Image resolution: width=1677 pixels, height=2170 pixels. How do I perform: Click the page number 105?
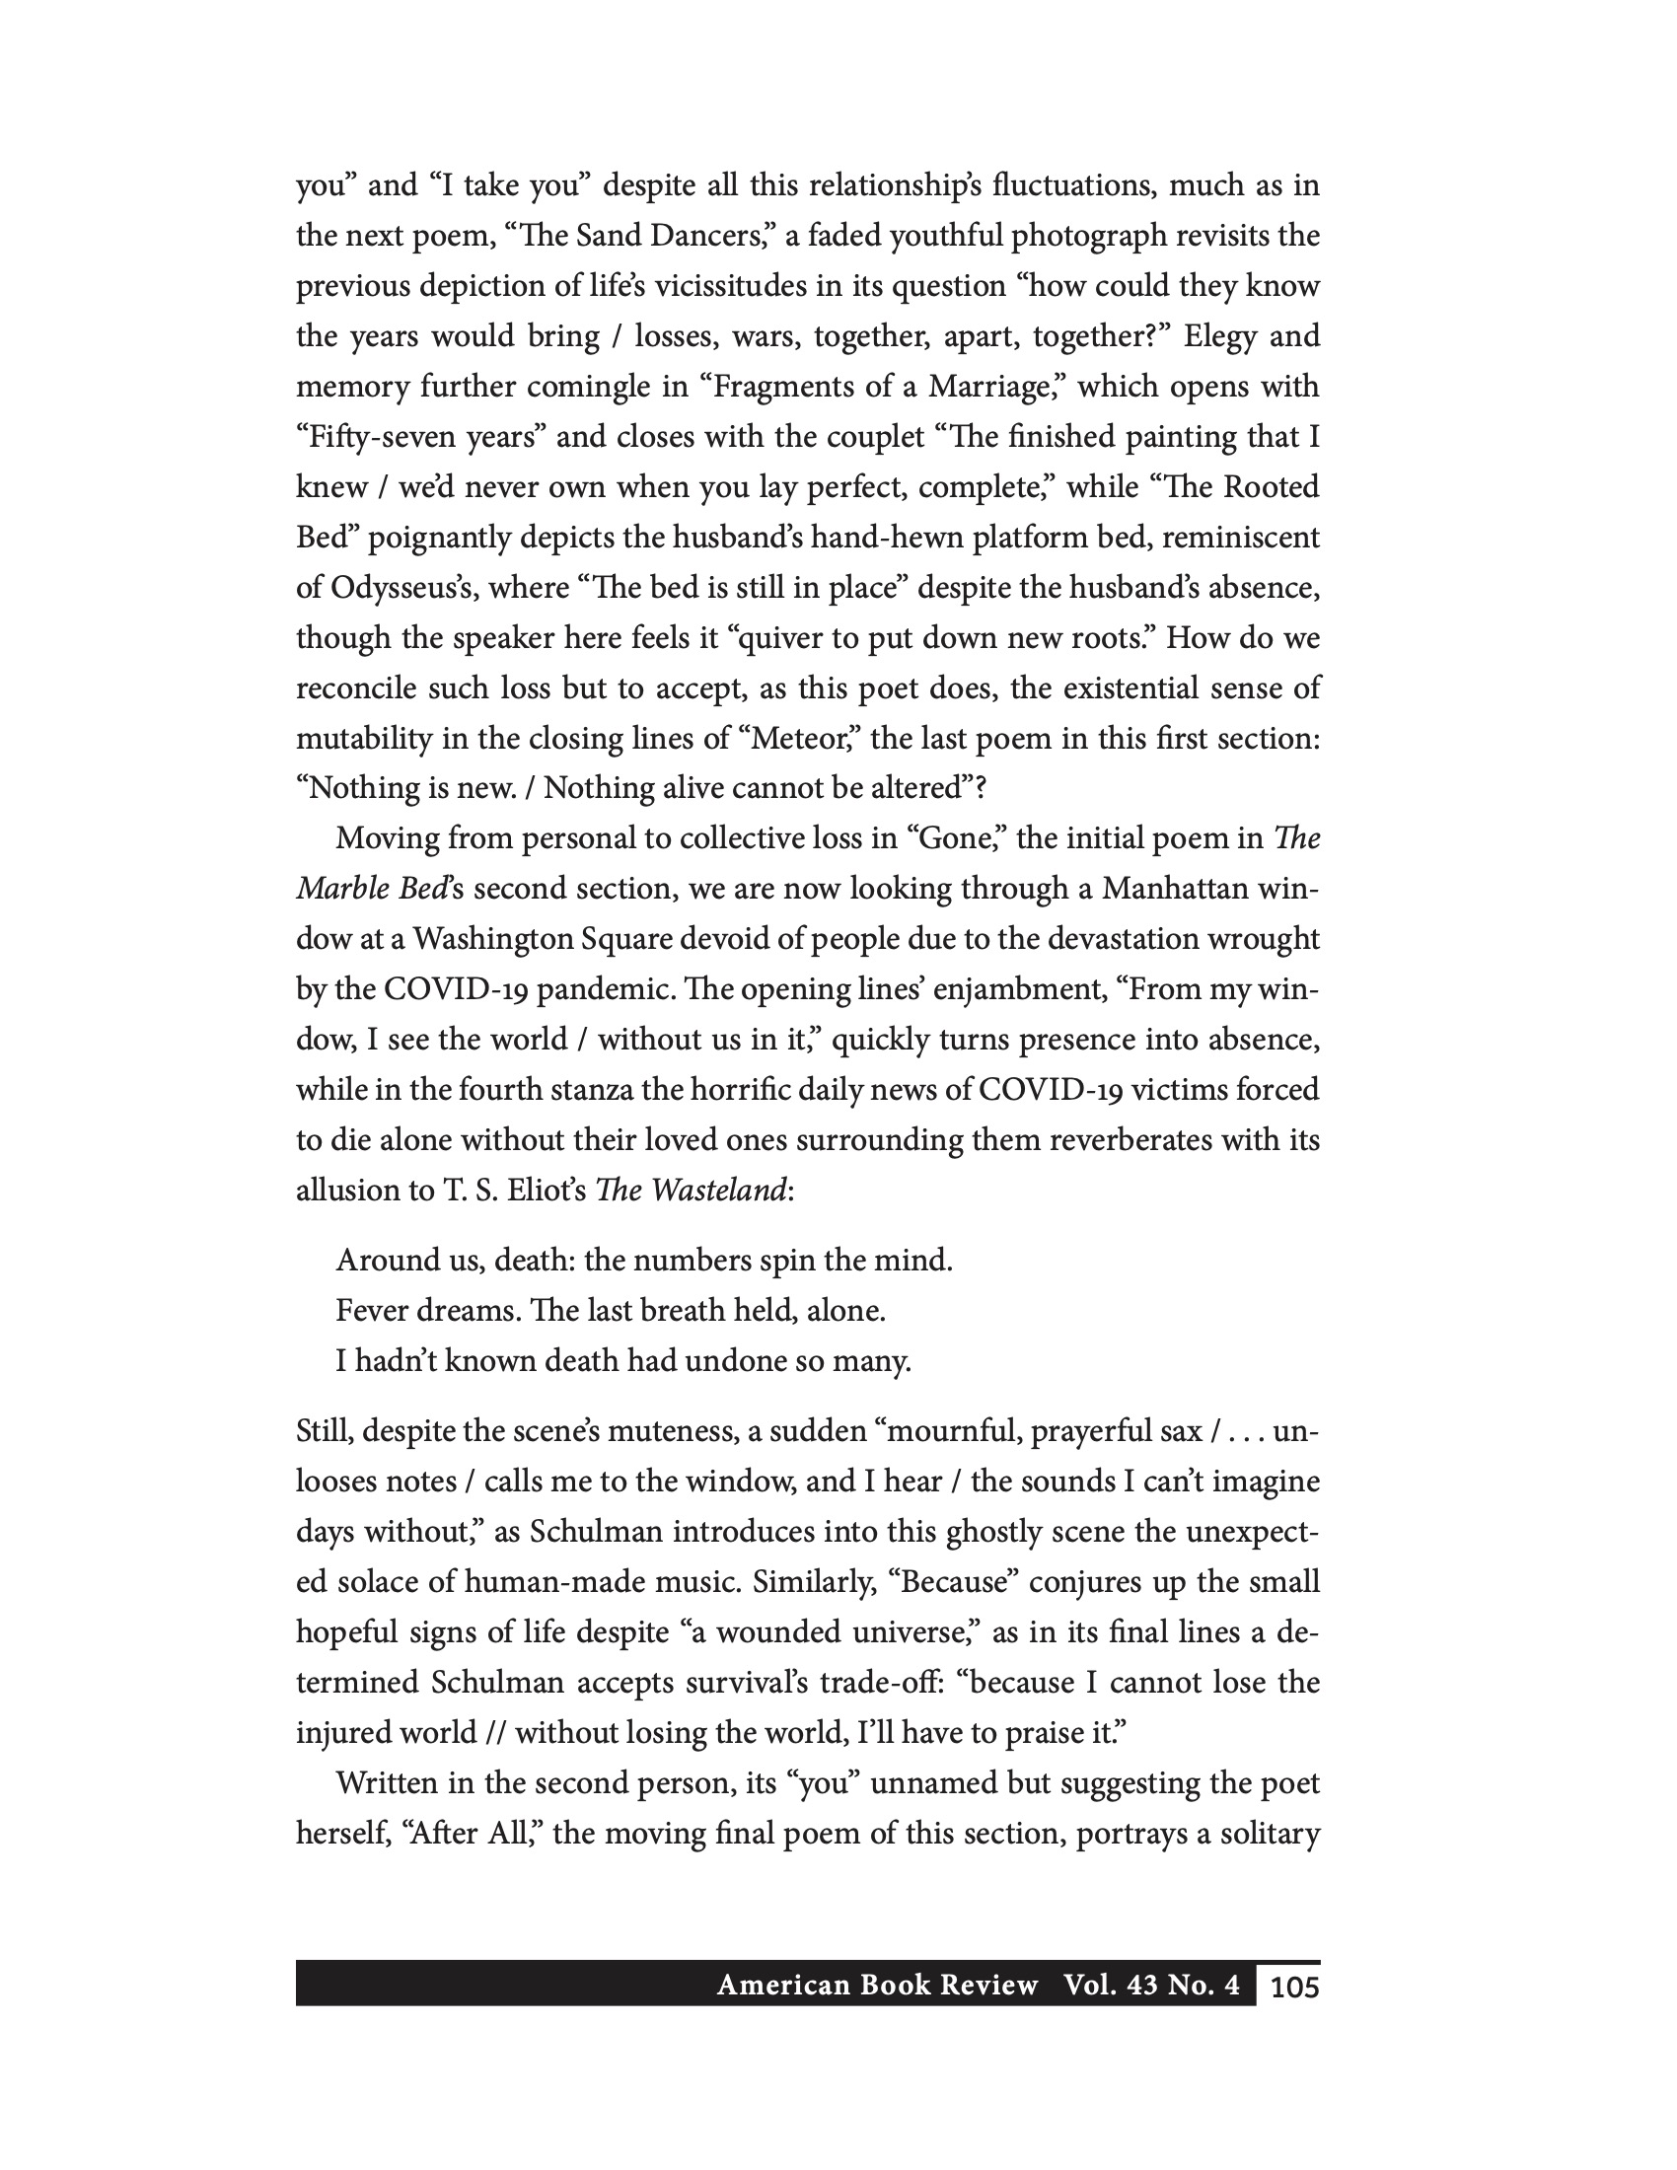point(1293,1987)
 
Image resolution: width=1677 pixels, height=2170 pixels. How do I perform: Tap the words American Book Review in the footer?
point(876,1986)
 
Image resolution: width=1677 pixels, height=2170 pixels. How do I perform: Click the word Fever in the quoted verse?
point(372,1312)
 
